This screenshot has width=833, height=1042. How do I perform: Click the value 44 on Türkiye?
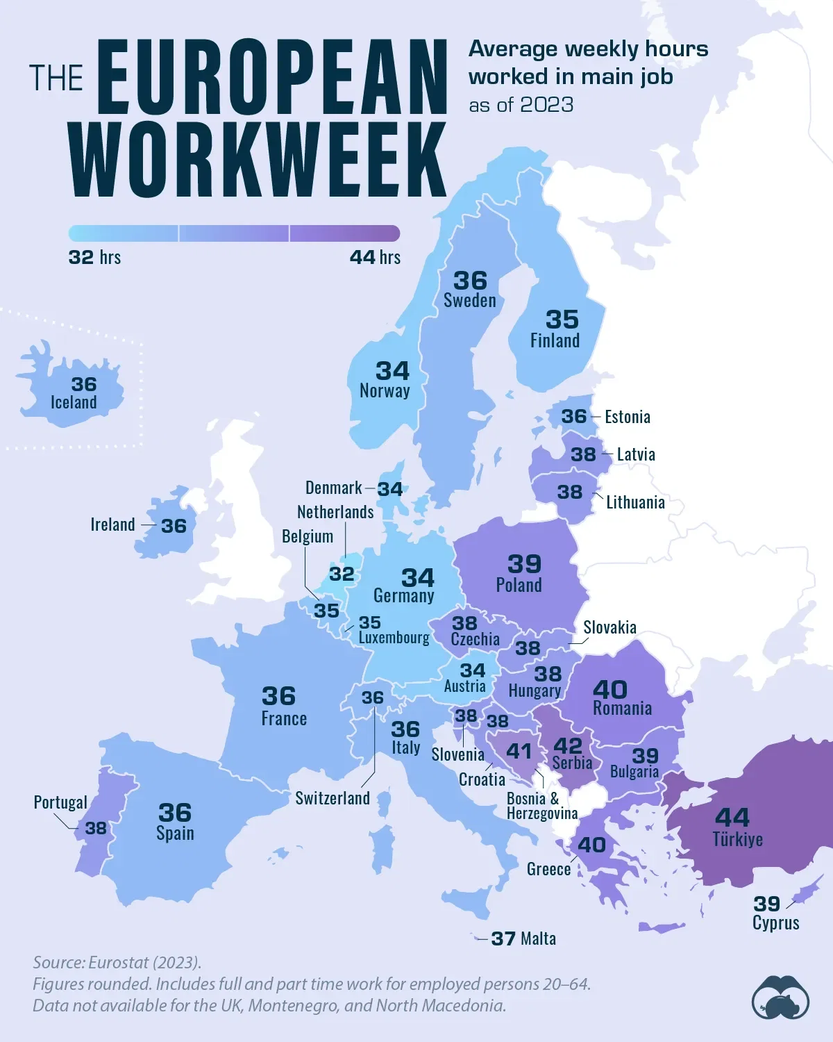(x=732, y=817)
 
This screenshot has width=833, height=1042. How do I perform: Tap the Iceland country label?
(x=74, y=403)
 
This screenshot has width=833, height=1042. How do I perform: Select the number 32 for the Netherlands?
(x=342, y=574)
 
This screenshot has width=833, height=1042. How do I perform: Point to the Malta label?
(x=539, y=939)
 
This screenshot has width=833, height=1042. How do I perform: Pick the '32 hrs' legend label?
(x=94, y=258)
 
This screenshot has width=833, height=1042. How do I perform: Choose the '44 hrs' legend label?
(x=375, y=258)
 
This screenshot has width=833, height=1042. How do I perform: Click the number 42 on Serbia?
(x=568, y=745)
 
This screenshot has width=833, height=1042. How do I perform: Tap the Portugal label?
(x=60, y=803)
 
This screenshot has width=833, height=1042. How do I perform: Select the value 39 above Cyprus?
(x=767, y=904)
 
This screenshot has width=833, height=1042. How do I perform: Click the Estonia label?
(x=628, y=417)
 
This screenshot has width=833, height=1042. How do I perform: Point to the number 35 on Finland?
(x=562, y=320)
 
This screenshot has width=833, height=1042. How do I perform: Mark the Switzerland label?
(x=333, y=798)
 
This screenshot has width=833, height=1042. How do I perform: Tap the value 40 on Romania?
(x=610, y=689)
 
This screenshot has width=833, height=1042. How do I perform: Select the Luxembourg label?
(x=394, y=638)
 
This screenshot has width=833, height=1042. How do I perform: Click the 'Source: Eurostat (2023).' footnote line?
(x=117, y=962)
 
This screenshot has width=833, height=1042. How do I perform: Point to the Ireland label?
(x=112, y=524)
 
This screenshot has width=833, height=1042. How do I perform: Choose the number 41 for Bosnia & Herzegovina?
(x=519, y=751)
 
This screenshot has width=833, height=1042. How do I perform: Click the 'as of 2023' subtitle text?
(x=521, y=105)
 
